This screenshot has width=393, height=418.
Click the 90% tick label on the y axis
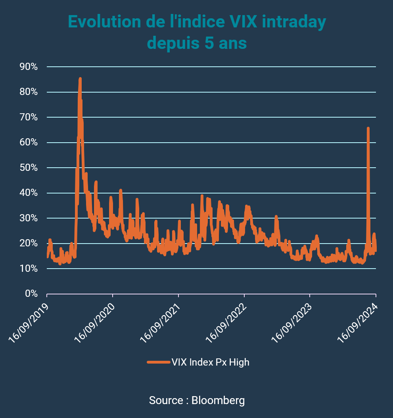(x=29, y=67)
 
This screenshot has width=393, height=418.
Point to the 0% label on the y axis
(x=31, y=294)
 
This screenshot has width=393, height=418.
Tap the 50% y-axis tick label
(x=29, y=168)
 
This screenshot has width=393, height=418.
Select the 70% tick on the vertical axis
(x=29, y=117)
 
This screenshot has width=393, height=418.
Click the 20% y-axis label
(x=29, y=244)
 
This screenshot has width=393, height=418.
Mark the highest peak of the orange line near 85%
(x=80, y=79)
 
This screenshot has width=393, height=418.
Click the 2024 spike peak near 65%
(x=368, y=128)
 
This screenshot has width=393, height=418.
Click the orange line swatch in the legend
(x=158, y=362)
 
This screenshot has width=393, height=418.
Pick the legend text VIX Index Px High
(x=210, y=362)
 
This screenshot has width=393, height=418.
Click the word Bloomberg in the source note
(x=218, y=400)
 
